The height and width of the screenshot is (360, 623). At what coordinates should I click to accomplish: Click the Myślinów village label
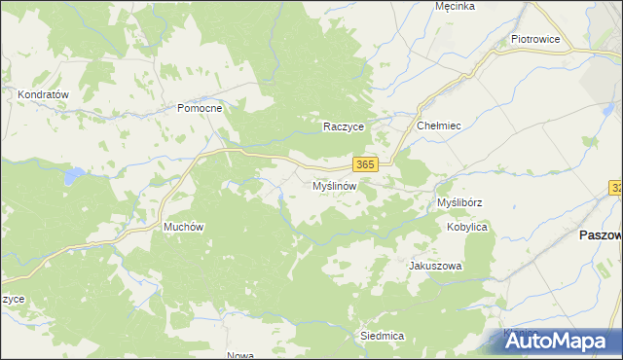tap(337, 185)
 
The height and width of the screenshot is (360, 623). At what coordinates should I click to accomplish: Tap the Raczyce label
tap(344, 126)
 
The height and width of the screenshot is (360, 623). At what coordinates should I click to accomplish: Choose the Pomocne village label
tap(200, 108)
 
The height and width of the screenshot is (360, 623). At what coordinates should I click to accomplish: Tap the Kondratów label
tap(43, 94)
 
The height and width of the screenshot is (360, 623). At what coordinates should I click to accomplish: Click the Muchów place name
tap(183, 227)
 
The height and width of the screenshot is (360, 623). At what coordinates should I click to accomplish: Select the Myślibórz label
tap(460, 202)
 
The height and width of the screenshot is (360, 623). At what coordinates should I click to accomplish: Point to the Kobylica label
tap(466, 227)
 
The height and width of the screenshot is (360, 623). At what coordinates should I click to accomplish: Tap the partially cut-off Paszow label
tap(600, 235)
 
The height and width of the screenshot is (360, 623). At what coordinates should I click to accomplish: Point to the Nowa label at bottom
tap(239, 355)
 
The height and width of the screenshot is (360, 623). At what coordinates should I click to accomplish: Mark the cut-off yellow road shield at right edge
tap(617, 187)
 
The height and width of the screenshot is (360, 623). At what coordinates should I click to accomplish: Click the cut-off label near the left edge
tap(13, 299)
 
